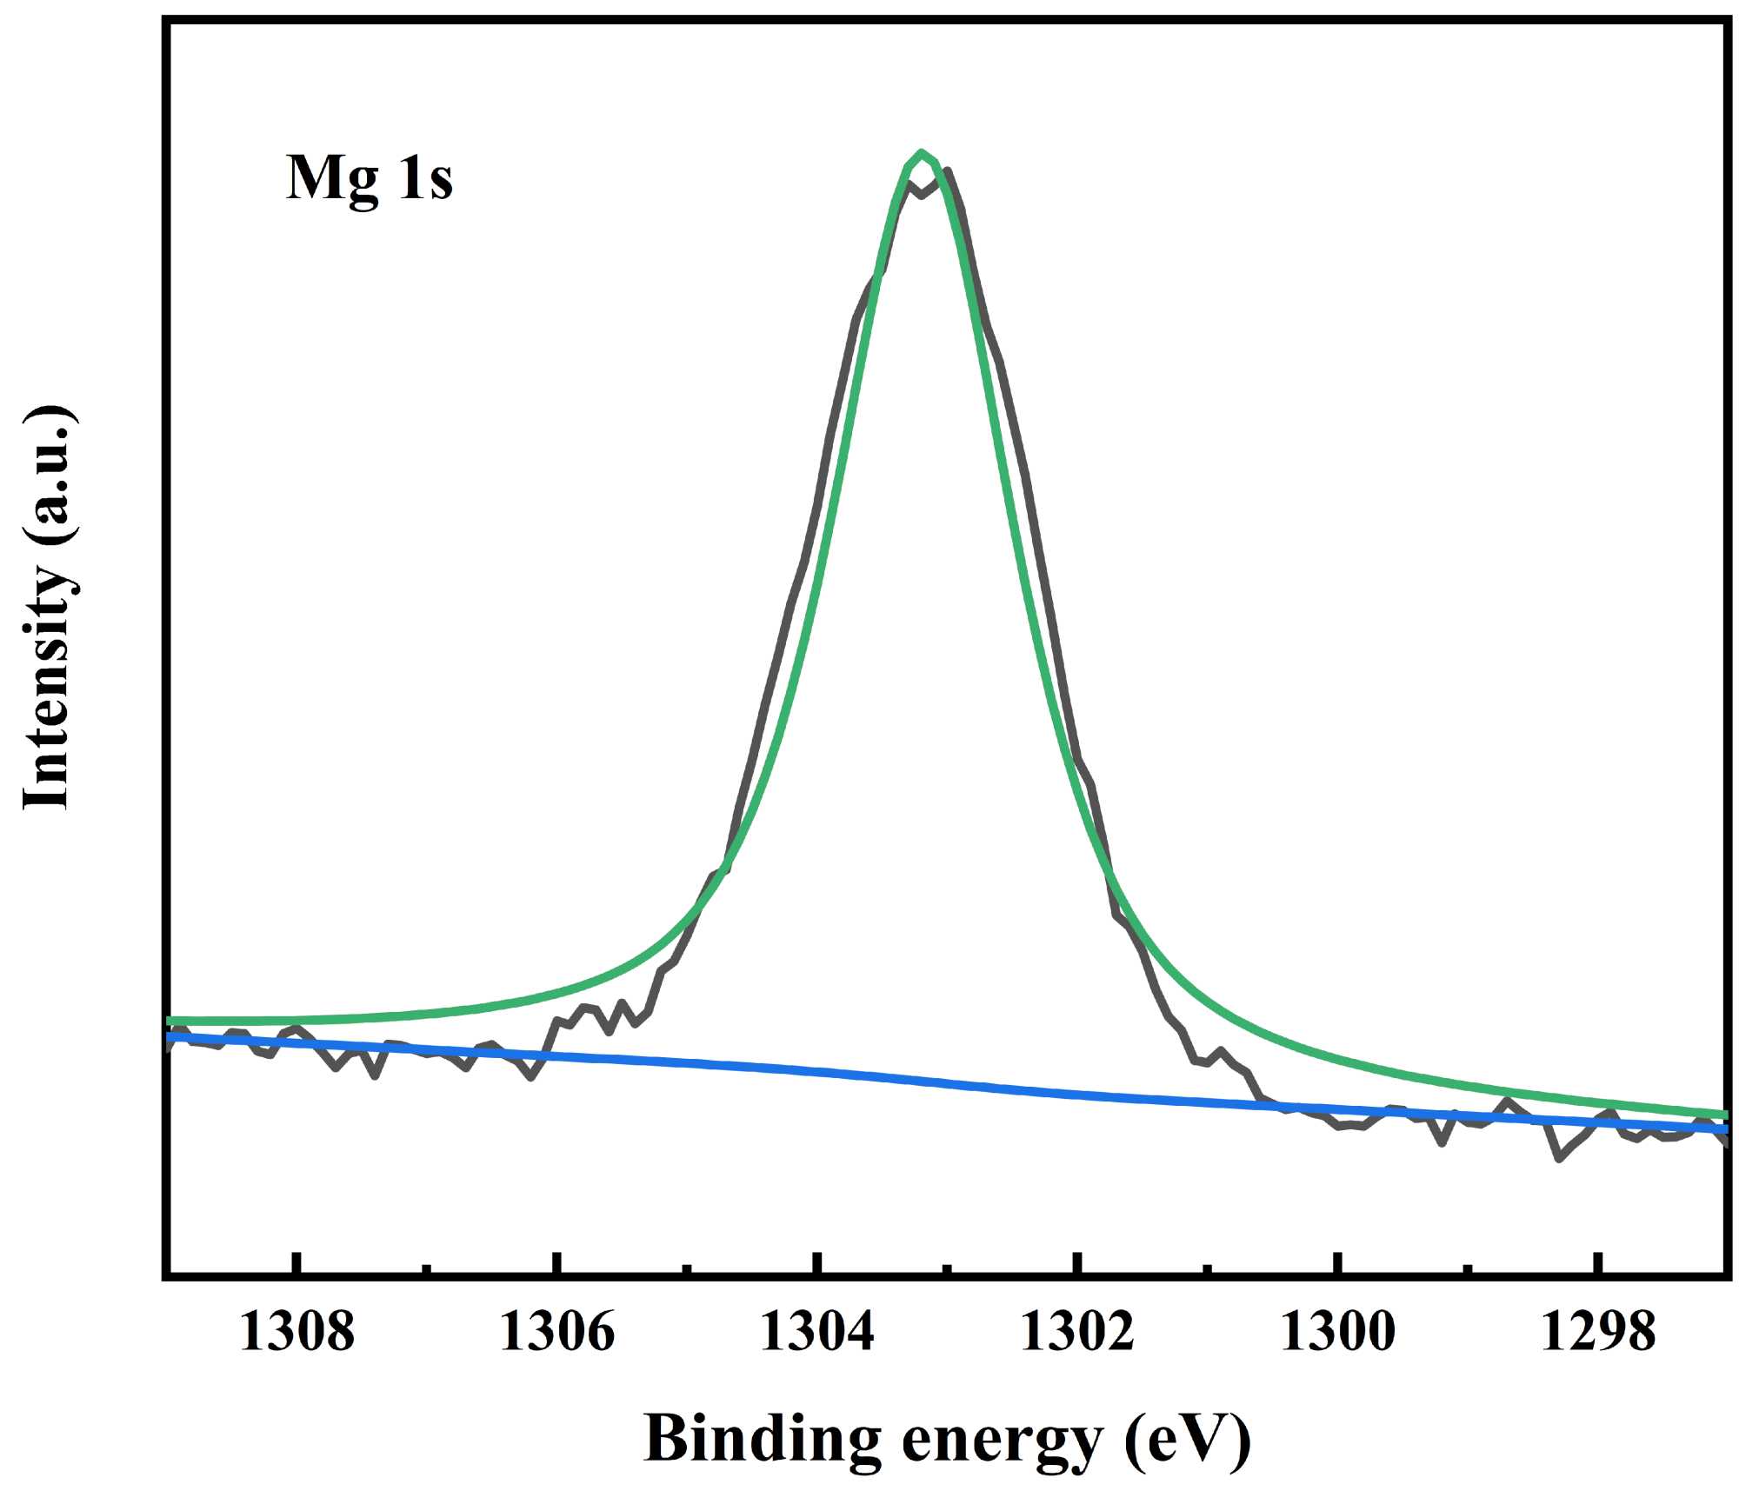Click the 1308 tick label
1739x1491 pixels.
click(x=296, y=1332)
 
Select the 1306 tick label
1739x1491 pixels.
click(x=556, y=1332)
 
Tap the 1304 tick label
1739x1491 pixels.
click(x=816, y=1332)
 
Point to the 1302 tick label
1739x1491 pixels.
click(x=1076, y=1332)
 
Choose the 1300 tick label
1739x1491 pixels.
click(x=1337, y=1332)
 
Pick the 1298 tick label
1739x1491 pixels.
click(x=1597, y=1332)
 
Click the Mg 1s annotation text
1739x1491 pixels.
click(x=369, y=178)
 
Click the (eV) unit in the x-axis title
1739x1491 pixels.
click(x=1188, y=1440)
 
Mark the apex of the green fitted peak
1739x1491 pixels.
click(x=921, y=153)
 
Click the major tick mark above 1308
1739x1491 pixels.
click(x=296, y=1263)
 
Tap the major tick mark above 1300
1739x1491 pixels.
click(x=1339, y=1263)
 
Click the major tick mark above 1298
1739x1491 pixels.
click(x=1598, y=1263)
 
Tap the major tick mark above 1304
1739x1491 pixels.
click(x=817, y=1263)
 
